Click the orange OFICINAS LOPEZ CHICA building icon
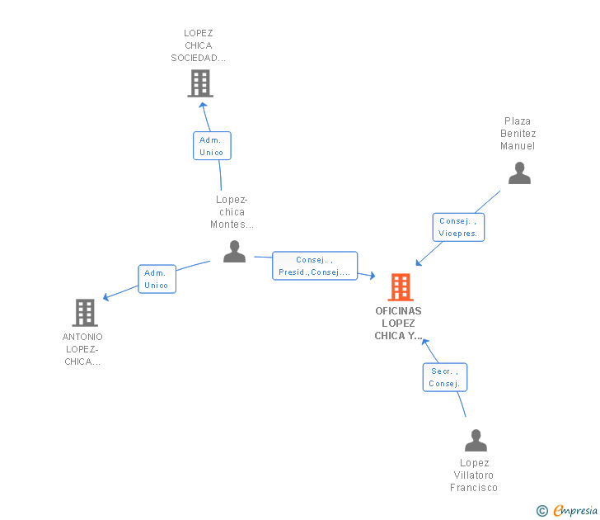(x=401, y=287)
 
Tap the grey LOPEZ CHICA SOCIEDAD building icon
(x=200, y=83)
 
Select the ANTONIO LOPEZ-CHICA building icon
(x=85, y=313)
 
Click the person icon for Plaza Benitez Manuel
(x=519, y=173)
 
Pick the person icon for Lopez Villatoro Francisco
(x=476, y=441)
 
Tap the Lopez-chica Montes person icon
(x=234, y=251)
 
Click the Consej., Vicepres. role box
(x=458, y=227)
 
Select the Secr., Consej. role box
(x=445, y=377)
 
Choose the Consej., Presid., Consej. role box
(x=315, y=266)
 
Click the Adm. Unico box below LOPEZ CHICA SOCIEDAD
(x=212, y=146)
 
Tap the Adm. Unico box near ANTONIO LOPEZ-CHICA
(x=157, y=279)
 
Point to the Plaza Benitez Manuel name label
(x=518, y=134)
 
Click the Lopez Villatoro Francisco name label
(x=474, y=475)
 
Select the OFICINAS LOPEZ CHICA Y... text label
(x=399, y=324)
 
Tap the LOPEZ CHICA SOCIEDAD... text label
(x=198, y=45)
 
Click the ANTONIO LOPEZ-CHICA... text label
(x=82, y=349)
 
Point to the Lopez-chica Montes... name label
(x=232, y=212)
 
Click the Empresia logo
(x=574, y=511)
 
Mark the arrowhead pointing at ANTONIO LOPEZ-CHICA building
(x=105, y=297)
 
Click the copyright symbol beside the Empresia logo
(x=542, y=511)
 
